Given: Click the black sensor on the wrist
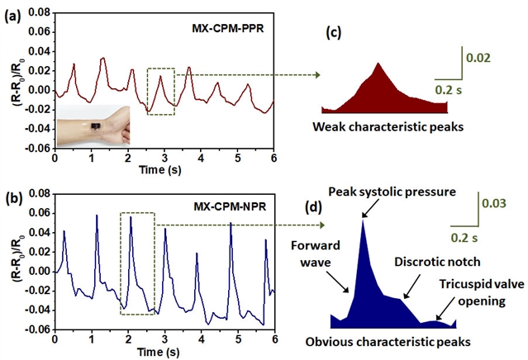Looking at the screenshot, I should [96, 126].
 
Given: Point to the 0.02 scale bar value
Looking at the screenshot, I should [479, 59].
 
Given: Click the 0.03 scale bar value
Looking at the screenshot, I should [496, 203].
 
